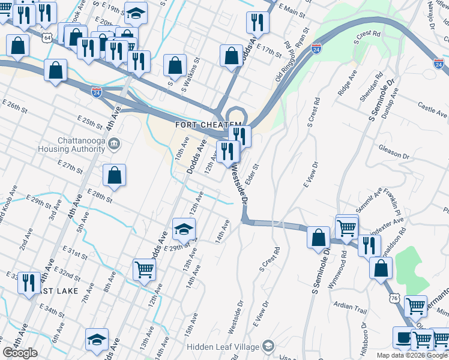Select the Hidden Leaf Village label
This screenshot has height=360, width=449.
(x=222, y=346)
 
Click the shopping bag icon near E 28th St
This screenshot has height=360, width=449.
(x=114, y=175)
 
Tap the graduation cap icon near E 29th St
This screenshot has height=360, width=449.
(x=184, y=229)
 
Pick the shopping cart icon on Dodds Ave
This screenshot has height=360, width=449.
(x=144, y=270)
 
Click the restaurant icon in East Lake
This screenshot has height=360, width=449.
(x=29, y=282)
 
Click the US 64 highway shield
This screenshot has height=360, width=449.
(x=47, y=37)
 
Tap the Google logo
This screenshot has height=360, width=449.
(x=20, y=353)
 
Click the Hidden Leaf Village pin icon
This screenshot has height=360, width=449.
(x=268, y=346)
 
